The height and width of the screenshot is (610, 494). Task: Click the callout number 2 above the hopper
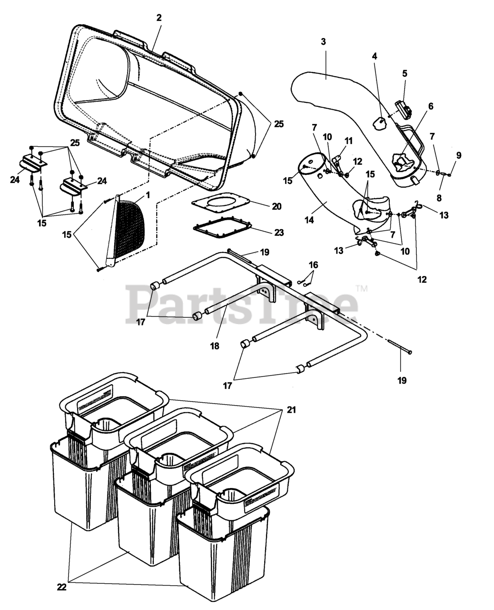[159, 18]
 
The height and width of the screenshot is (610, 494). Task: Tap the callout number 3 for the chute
[323, 41]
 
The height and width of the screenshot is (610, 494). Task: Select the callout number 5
[405, 73]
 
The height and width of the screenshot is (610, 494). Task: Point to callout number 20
[277, 206]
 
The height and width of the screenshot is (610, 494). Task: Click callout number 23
[279, 232]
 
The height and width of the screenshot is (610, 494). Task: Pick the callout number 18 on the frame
[215, 346]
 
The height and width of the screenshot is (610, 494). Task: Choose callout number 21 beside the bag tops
[291, 409]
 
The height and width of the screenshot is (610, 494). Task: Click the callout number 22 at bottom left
[61, 587]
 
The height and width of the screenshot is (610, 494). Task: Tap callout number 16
[313, 264]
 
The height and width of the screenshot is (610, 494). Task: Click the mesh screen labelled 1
[129, 224]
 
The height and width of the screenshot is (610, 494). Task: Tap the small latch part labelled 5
[403, 111]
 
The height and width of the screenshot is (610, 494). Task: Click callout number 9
[458, 155]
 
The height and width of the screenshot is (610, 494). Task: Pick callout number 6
[430, 106]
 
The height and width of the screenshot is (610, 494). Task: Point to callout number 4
[375, 56]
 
